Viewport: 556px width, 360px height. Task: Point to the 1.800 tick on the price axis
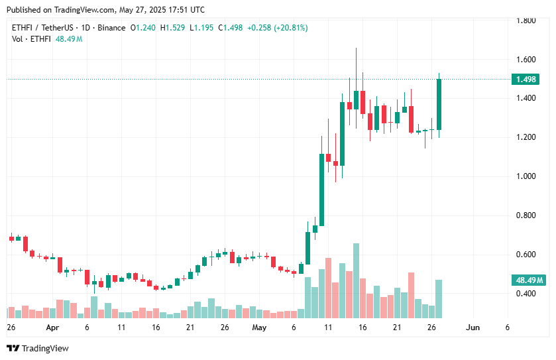pyautogui.click(x=526, y=21)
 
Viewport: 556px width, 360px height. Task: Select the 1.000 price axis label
pyautogui.click(x=526, y=176)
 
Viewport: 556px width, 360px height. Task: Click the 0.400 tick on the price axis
pyautogui.click(x=526, y=294)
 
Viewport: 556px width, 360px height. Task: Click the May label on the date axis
pyautogui.click(x=259, y=328)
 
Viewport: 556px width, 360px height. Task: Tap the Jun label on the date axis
pyautogui.click(x=473, y=328)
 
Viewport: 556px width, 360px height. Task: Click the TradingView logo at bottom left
pyautogui.click(x=38, y=348)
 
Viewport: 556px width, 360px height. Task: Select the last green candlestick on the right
pyautogui.click(x=439, y=105)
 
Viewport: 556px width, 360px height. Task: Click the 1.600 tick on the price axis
pyautogui.click(x=526, y=60)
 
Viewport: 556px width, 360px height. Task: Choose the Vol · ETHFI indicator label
pyautogui.click(x=31, y=39)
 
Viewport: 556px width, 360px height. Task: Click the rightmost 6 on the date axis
pyautogui.click(x=507, y=328)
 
